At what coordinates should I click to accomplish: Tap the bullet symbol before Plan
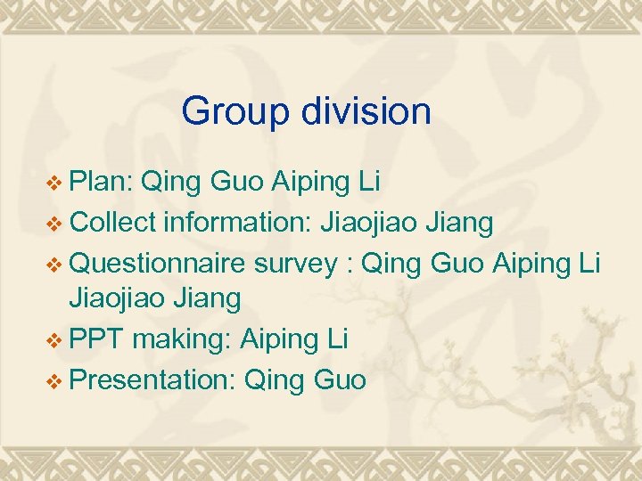pyautogui.click(x=55, y=183)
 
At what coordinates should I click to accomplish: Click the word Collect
pyautogui.click(x=112, y=221)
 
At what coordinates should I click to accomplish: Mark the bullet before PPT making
pyautogui.click(x=55, y=339)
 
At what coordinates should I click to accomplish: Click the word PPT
pyautogui.click(x=96, y=338)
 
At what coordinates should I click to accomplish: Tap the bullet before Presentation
pyautogui.click(x=55, y=380)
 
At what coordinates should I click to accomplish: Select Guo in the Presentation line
pyautogui.click(x=340, y=380)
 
